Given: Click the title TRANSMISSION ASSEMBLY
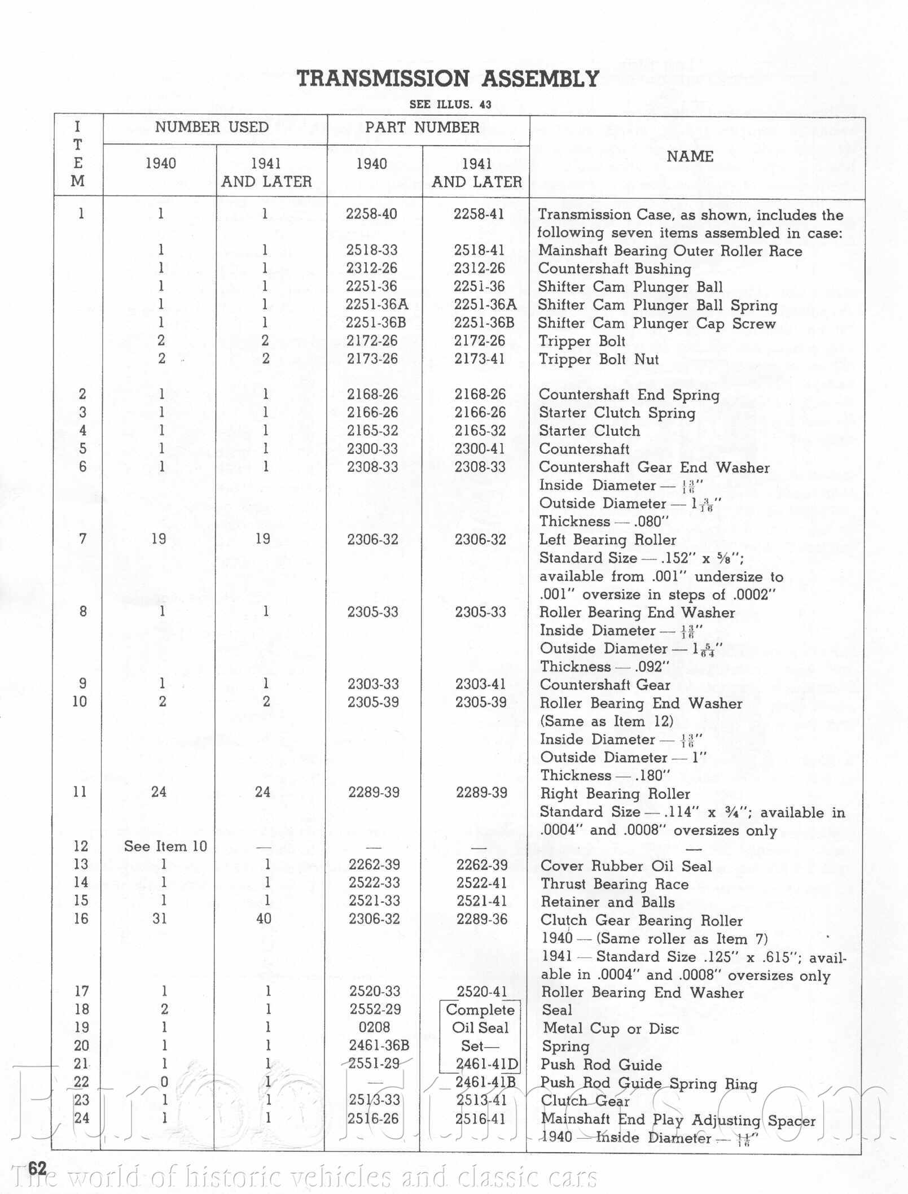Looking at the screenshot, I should point(448,78).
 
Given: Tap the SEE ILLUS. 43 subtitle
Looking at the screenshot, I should point(450,104).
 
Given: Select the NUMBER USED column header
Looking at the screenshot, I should point(212,127).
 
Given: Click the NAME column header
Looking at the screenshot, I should point(690,156).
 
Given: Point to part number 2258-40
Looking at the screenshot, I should point(371,214).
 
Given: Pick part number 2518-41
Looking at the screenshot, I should point(479,250).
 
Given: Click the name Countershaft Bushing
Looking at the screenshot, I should point(615,269).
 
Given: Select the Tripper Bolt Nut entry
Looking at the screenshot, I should point(599,359).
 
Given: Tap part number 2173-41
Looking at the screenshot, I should point(479,359).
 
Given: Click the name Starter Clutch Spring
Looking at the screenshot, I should point(617,413).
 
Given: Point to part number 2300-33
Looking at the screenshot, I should point(372,449).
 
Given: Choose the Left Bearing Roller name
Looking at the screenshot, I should point(607,540).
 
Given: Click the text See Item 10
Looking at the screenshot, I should point(165,846).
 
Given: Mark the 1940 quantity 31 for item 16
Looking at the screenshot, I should point(160,919).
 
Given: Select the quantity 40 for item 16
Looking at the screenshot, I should point(264,919).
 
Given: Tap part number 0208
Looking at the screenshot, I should point(374,1027).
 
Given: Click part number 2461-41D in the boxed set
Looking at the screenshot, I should point(486,1065).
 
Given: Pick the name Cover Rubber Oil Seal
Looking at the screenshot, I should point(626,866).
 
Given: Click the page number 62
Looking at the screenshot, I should point(37,1169).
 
